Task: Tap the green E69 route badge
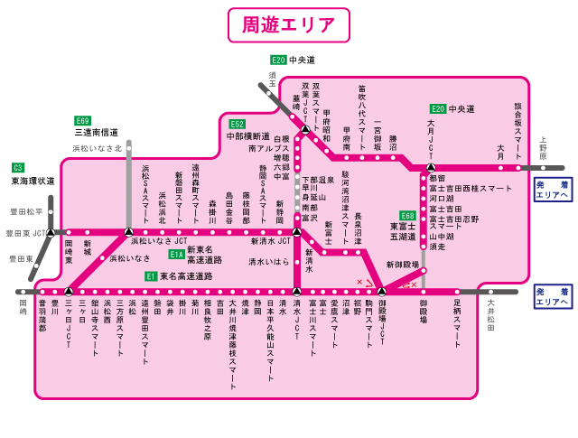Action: [83, 120]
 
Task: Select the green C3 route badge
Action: [17, 167]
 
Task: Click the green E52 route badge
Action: [237, 124]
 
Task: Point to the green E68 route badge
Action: [407, 216]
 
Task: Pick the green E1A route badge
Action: [176, 255]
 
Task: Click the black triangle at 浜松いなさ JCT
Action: [128, 232]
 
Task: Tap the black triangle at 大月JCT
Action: [431, 167]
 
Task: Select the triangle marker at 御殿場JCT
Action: [382, 292]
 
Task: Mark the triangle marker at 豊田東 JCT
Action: [50, 232]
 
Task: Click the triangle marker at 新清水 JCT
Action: [296, 232]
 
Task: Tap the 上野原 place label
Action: [544, 149]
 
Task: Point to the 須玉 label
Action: [273, 79]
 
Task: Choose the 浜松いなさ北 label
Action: [97, 148]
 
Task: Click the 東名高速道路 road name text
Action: [186, 276]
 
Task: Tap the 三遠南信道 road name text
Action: [97, 132]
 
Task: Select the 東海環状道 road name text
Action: [33, 181]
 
